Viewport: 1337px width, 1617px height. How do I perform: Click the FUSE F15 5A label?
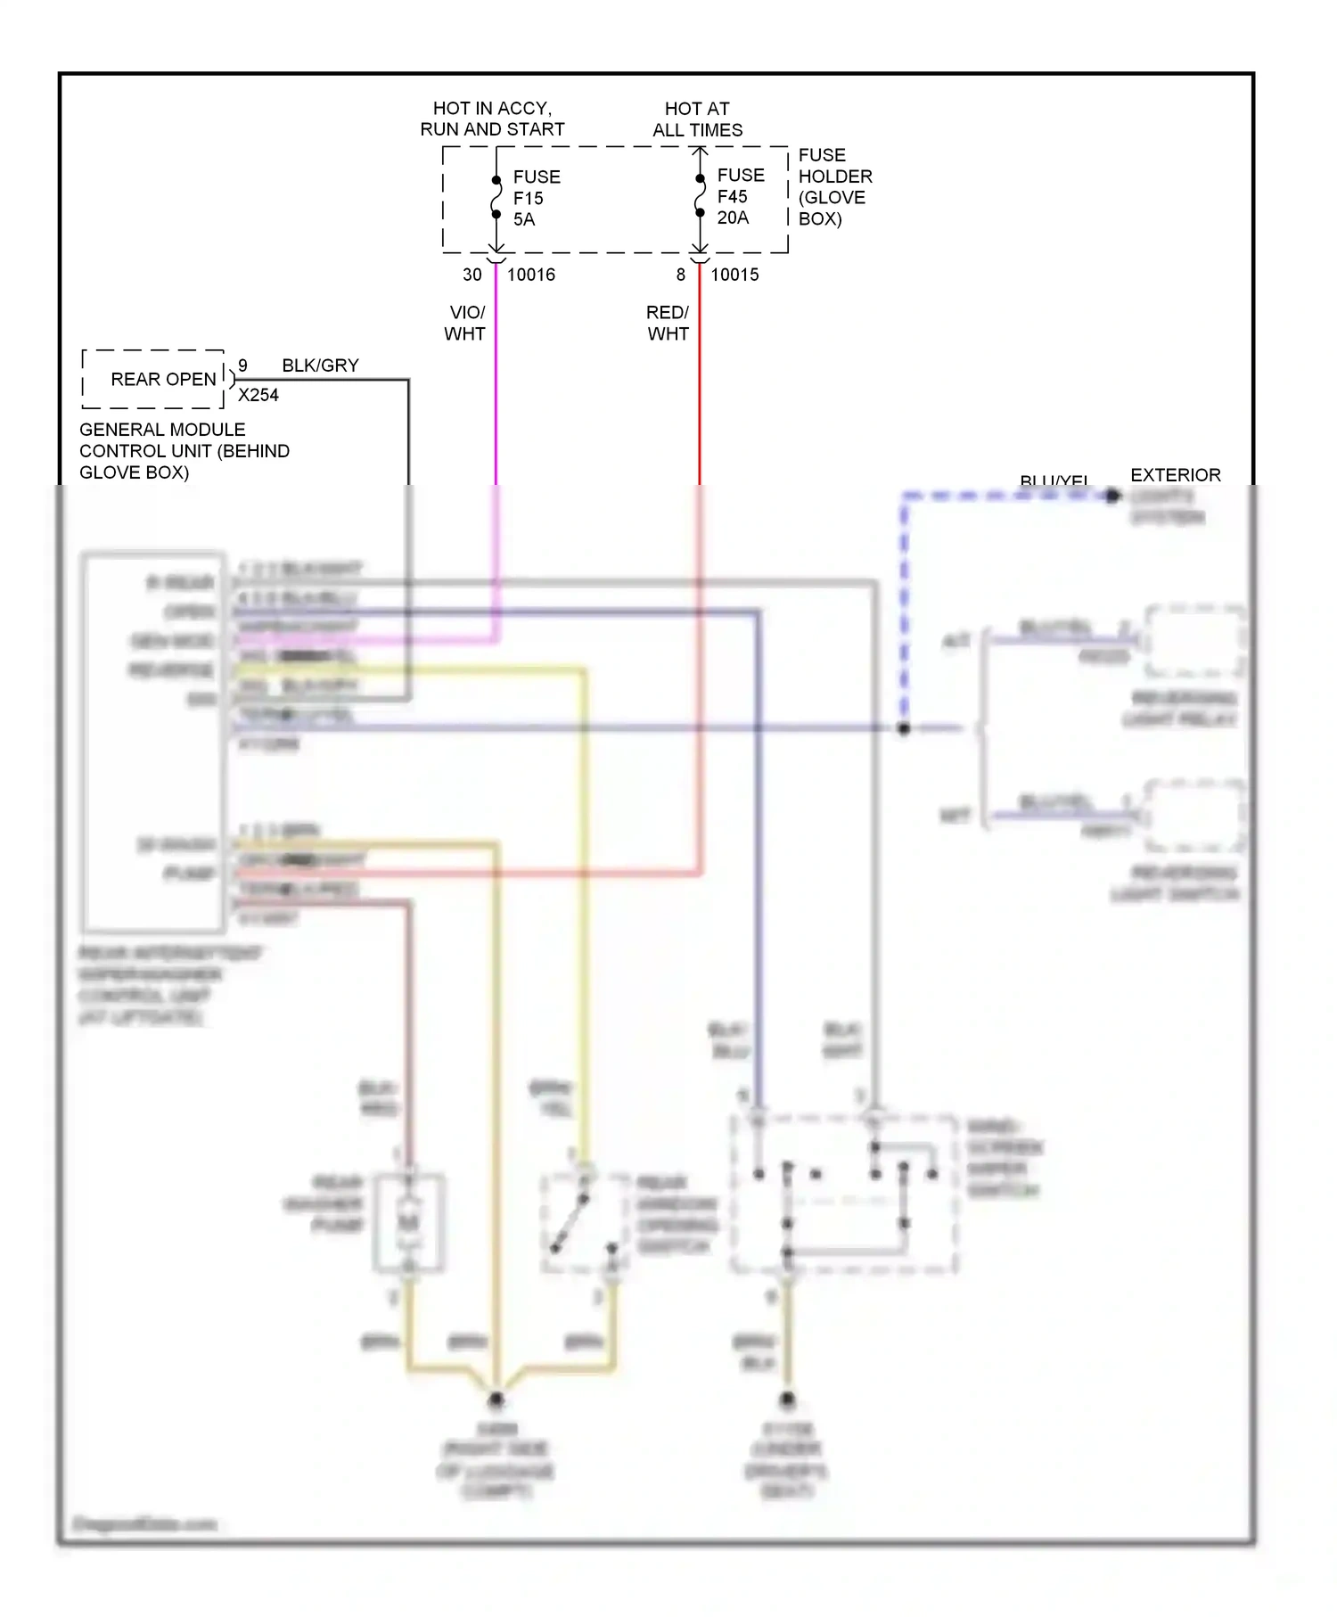tap(536, 198)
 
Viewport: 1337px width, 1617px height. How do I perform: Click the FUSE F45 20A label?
tap(740, 196)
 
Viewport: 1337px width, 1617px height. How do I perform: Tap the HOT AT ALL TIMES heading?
tap(697, 119)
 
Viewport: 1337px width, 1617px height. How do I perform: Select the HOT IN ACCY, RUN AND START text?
tap(492, 119)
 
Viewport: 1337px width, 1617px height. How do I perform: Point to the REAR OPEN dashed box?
tap(153, 379)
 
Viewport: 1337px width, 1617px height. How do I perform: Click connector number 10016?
tap(530, 275)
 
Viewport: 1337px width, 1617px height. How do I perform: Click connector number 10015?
tap(734, 275)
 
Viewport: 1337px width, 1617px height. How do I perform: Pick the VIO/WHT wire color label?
tap(465, 323)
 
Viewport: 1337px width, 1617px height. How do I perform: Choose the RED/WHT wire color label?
tap(668, 323)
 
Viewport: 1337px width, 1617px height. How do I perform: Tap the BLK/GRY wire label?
tap(320, 365)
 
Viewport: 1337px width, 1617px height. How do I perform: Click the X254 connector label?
tap(258, 395)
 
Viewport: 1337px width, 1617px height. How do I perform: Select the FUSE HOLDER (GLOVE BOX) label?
tap(834, 187)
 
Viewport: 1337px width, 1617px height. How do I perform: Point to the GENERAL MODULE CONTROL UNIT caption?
tap(184, 451)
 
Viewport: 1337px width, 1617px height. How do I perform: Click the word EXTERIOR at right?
tap(1175, 475)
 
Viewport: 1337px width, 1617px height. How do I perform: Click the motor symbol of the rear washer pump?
tap(408, 1222)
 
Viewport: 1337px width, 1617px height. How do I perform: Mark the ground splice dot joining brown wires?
tap(496, 1399)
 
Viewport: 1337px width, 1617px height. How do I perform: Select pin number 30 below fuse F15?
tap(472, 275)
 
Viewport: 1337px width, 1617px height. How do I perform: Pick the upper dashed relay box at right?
tap(1194, 641)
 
